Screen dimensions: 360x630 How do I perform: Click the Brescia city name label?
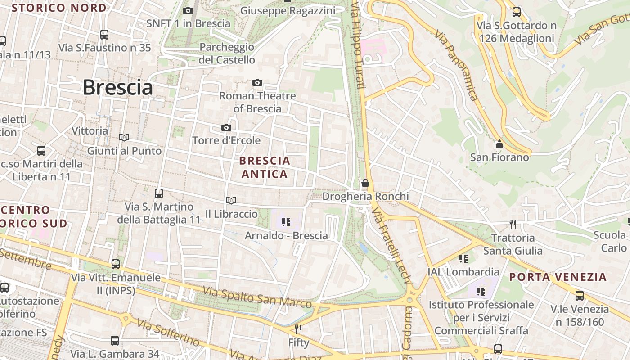[117, 87]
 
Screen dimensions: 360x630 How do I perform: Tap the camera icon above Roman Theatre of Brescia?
[257, 82]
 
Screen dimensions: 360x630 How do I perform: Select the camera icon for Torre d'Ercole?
[226, 128]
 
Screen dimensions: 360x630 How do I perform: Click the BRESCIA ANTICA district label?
[265, 167]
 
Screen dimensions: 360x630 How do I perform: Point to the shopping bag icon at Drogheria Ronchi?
[365, 183]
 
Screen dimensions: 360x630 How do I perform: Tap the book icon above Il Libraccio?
[231, 200]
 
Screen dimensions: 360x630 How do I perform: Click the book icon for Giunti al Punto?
[124, 137]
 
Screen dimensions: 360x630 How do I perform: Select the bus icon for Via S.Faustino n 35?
[104, 34]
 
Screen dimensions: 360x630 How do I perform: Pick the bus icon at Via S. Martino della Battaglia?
[159, 193]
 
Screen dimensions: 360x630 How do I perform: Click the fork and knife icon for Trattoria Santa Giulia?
[513, 224]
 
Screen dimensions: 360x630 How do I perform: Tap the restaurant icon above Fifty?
[298, 329]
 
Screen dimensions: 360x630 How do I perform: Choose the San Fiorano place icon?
[499, 144]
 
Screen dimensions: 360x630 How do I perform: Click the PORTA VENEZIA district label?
[558, 277]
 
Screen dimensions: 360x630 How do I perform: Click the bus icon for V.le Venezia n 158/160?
[580, 296]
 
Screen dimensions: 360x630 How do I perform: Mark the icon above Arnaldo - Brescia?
[286, 222]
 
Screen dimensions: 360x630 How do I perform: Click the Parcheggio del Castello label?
[227, 53]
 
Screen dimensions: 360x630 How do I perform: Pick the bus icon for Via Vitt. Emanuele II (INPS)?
[116, 264]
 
